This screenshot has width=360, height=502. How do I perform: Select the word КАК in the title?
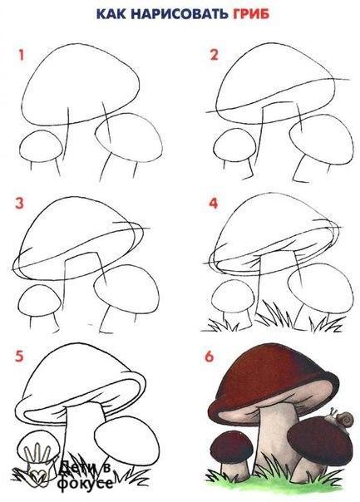pos(111,14)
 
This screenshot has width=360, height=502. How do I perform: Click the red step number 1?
pos(21,55)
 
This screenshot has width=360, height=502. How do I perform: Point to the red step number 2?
pos(214,54)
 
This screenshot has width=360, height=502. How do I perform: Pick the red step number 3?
pos(19,203)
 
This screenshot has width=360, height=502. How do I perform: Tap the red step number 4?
pos(214,203)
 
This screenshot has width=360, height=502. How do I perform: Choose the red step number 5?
pos(19,356)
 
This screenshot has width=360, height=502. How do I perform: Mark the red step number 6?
pos(210,356)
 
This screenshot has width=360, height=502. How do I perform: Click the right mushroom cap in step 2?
pos(322,139)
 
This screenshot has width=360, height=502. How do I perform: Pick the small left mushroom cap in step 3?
pos(39,300)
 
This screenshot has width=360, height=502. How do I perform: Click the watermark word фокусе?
pos(86,483)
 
